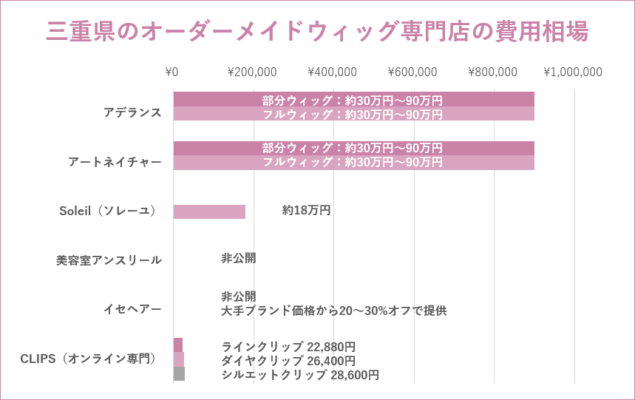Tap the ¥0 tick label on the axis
point(172,72)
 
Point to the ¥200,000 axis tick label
point(252,72)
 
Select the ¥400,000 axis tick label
point(332,72)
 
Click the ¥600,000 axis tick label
point(412,72)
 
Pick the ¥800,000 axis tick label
point(492,72)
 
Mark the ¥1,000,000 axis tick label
point(573,72)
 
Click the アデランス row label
point(132,112)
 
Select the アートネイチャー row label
point(115,161)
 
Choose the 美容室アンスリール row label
point(109,260)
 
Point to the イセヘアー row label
point(132,309)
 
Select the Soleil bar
point(209,211)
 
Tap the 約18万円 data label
point(306,211)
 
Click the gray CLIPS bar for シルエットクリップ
point(179,374)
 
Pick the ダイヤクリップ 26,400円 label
point(288,361)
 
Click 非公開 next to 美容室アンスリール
point(238,258)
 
